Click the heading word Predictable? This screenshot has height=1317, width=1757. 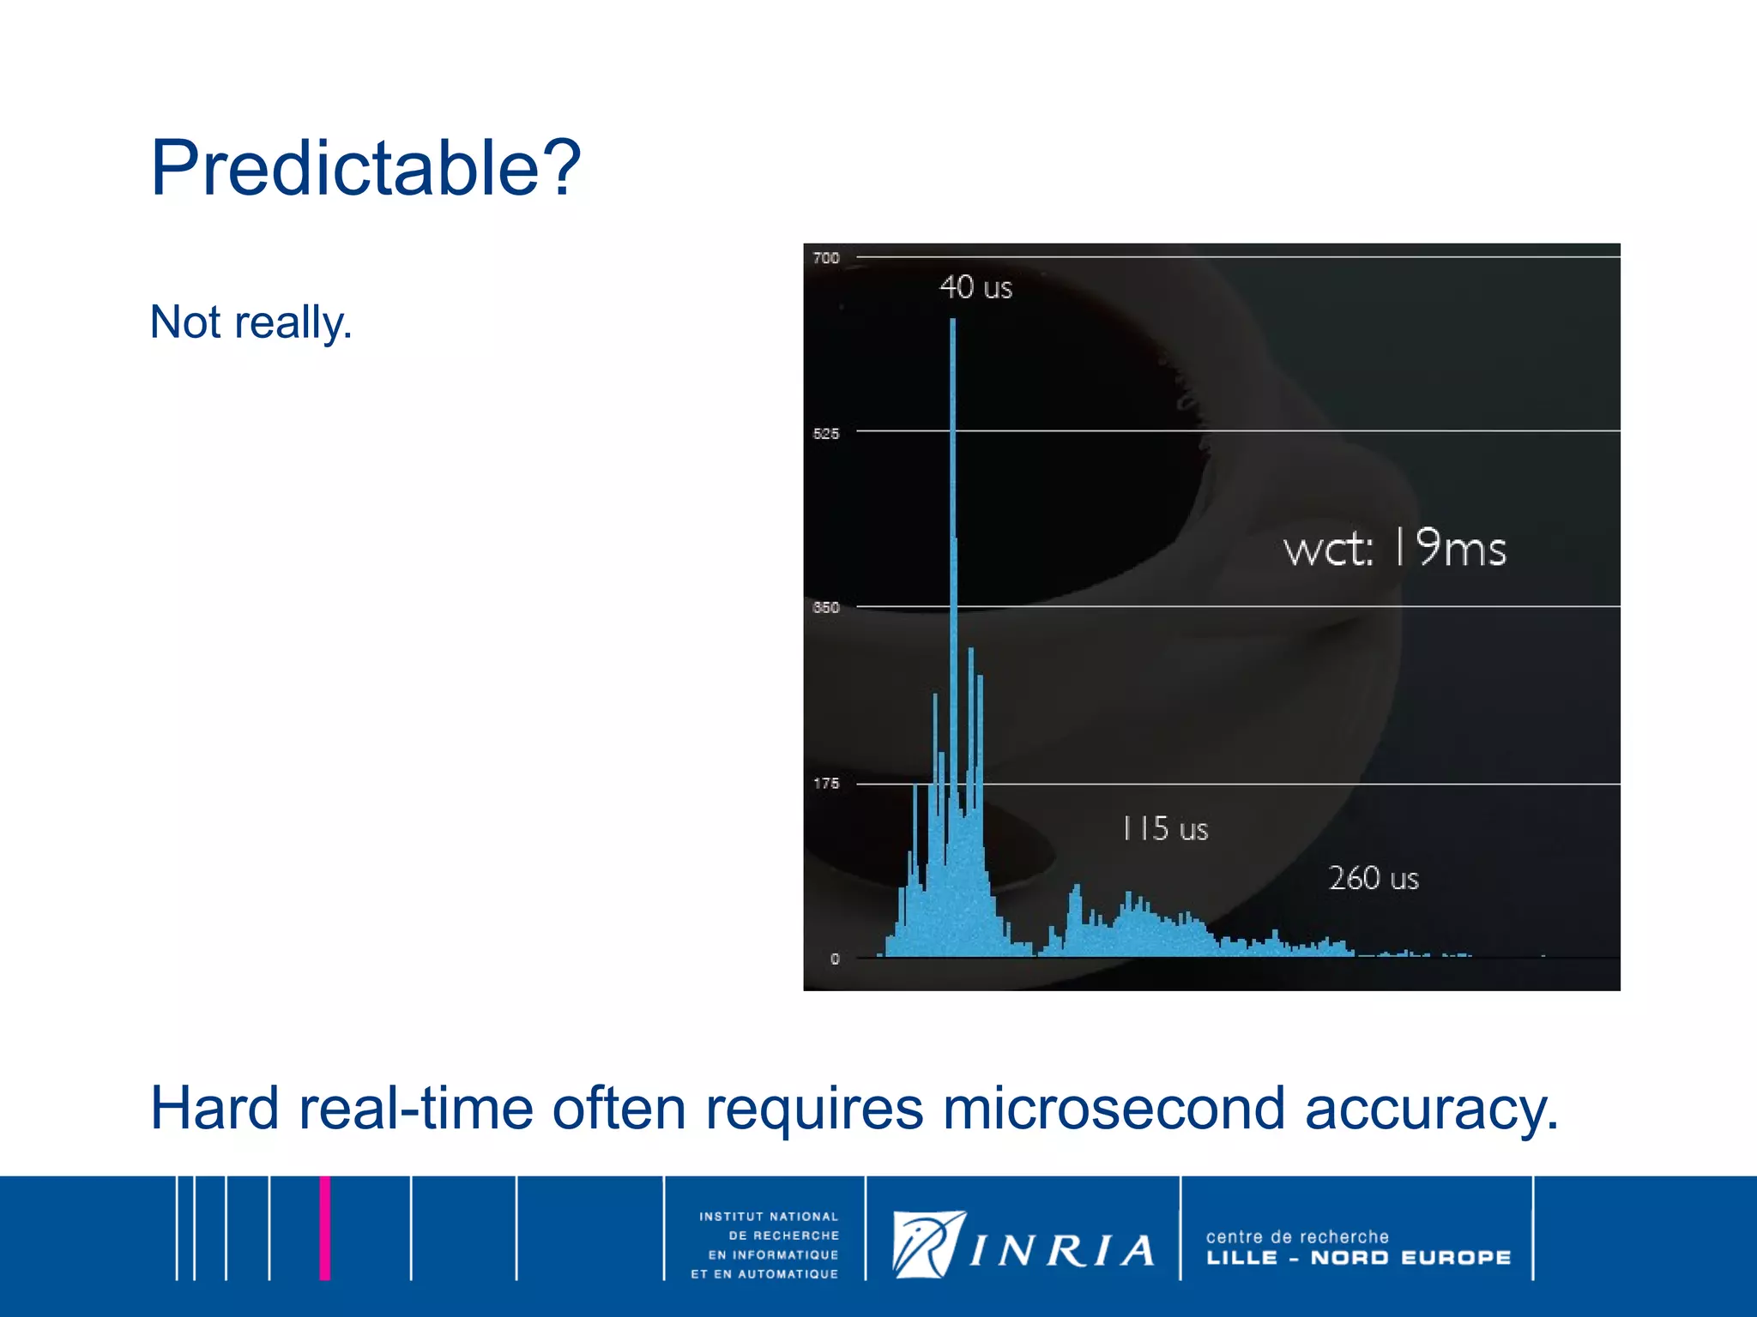(365, 168)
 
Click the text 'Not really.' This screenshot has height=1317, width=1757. (251, 323)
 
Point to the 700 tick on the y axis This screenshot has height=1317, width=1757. (826, 258)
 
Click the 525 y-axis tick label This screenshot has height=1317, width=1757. (826, 434)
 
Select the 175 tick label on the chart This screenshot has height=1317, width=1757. (826, 784)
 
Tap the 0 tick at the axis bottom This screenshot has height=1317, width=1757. (835, 959)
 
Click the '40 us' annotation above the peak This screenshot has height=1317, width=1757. (975, 287)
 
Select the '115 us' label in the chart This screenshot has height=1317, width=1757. (1165, 829)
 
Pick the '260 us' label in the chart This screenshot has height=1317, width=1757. (1374, 879)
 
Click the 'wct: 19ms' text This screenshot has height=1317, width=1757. (1394, 549)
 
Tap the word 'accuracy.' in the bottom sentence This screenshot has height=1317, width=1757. (1431, 1109)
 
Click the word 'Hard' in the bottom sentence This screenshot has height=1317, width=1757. (214, 1109)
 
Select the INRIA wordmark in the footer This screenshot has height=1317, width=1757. (1062, 1252)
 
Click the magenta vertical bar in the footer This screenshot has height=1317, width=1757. (324, 1228)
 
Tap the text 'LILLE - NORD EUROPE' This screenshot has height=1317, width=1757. (1358, 1258)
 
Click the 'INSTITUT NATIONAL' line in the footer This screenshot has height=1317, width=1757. (768, 1217)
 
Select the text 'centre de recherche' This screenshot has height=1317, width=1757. (1296, 1236)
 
